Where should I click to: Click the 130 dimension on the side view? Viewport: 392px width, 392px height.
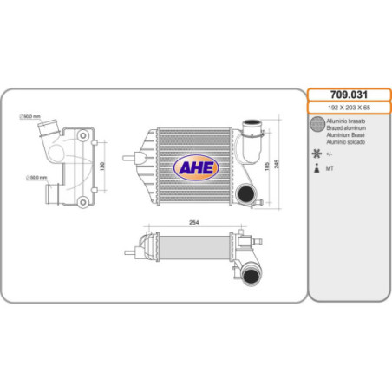point(103,165)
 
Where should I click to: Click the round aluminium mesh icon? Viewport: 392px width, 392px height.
point(317,127)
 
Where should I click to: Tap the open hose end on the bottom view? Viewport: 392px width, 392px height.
point(251,277)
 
